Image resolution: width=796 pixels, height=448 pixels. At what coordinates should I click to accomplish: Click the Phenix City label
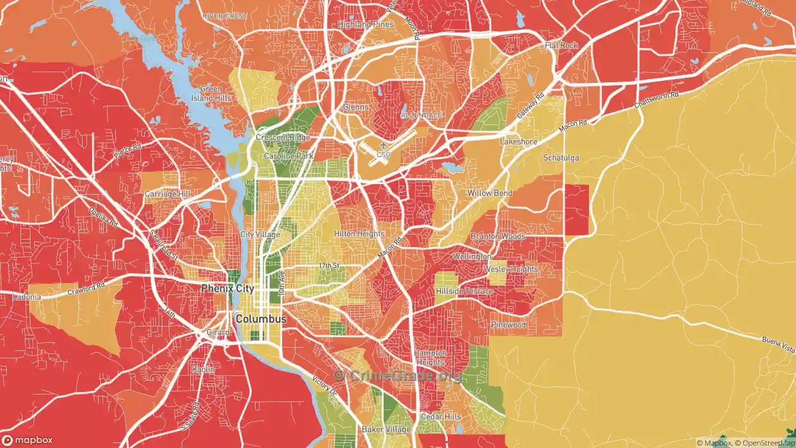(228, 289)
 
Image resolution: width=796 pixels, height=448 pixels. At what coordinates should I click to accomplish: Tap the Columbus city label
(261, 319)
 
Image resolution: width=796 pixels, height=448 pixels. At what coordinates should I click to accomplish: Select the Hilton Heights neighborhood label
(359, 233)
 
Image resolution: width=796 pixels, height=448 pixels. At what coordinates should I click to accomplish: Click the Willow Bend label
(490, 193)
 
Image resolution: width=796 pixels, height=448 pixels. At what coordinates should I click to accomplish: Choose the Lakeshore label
(519, 142)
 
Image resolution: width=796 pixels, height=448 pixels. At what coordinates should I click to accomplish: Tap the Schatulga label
(561, 157)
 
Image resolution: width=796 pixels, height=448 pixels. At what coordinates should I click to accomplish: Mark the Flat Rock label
(561, 45)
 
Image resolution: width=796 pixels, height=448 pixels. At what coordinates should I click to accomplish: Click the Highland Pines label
(366, 24)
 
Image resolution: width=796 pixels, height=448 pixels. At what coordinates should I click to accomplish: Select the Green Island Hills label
(211, 94)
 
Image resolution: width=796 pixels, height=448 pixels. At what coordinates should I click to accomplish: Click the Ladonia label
(27, 297)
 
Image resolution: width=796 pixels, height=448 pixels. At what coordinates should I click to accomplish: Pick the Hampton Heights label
(430, 358)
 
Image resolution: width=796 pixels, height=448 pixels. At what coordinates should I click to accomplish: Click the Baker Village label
(386, 429)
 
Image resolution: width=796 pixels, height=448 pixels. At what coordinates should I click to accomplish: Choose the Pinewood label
(508, 325)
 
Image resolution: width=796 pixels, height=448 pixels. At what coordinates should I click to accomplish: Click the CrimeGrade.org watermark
(398, 375)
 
